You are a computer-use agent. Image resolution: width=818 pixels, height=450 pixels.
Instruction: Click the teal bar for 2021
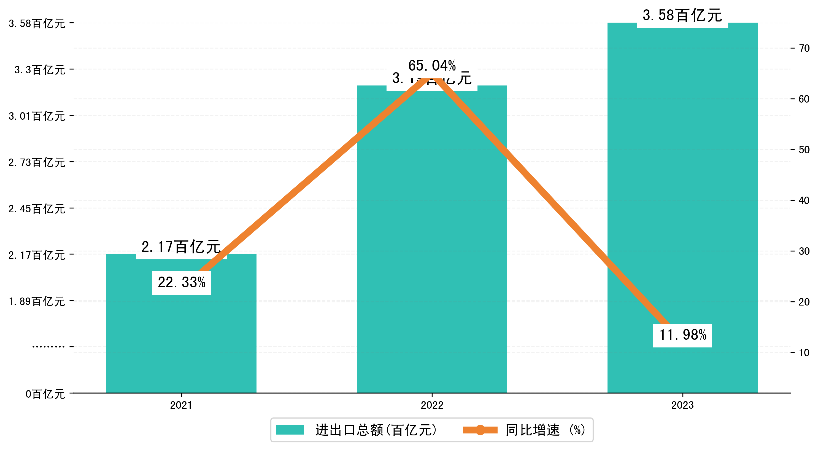[181, 334]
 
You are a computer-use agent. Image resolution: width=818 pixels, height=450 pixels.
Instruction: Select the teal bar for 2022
[432, 254]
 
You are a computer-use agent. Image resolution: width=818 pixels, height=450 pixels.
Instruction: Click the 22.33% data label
[181, 283]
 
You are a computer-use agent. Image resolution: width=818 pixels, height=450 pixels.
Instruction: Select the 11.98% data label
[682, 335]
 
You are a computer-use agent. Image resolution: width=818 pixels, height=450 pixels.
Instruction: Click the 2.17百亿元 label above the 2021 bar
[181, 247]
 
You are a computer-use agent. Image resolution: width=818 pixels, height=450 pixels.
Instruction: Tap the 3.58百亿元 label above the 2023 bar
[682, 15]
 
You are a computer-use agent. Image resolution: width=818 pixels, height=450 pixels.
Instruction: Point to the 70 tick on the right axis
[804, 49]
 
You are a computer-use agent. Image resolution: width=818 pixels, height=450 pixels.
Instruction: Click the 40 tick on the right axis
[804, 200]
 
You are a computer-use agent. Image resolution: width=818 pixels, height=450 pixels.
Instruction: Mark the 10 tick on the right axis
[804, 353]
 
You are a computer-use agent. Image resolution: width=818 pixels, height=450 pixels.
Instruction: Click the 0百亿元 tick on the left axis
[45, 394]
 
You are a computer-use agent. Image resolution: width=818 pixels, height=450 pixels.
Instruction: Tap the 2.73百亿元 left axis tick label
[37, 163]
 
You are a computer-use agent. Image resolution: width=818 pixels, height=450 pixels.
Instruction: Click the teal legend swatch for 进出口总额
[290, 430]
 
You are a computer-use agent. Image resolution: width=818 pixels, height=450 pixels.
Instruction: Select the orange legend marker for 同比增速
[480, 430]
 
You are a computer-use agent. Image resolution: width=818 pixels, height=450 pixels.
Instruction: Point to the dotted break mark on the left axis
[48, 347]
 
